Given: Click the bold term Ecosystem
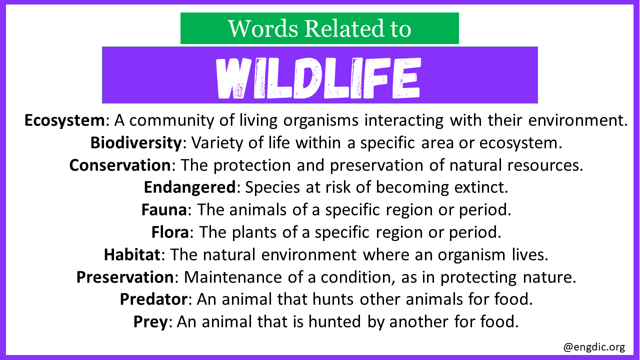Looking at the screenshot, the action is [x=65, y=120].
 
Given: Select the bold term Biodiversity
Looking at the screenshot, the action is [x=136, y=143].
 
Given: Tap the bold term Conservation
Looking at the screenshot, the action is [x=120, y=165].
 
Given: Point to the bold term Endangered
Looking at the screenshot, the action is [x=189, y=187].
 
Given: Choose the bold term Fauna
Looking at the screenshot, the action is [x=164, y=209].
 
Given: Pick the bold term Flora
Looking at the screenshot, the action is [x=170, y=232].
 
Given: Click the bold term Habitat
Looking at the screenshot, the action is [x=132, y=254].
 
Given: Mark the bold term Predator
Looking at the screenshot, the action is [x=153, y=299].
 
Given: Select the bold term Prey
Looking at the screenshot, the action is [x=150, y=322].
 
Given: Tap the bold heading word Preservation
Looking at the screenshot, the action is [x=125, y=277].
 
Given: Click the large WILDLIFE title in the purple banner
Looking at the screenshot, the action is [x=318, y=78].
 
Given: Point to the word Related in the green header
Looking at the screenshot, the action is [x=343, y=28].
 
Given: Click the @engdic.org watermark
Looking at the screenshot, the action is [x=594, y=347].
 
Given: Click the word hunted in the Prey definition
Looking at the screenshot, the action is [x=334, y=321].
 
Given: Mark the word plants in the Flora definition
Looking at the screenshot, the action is [x=254, y=232].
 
